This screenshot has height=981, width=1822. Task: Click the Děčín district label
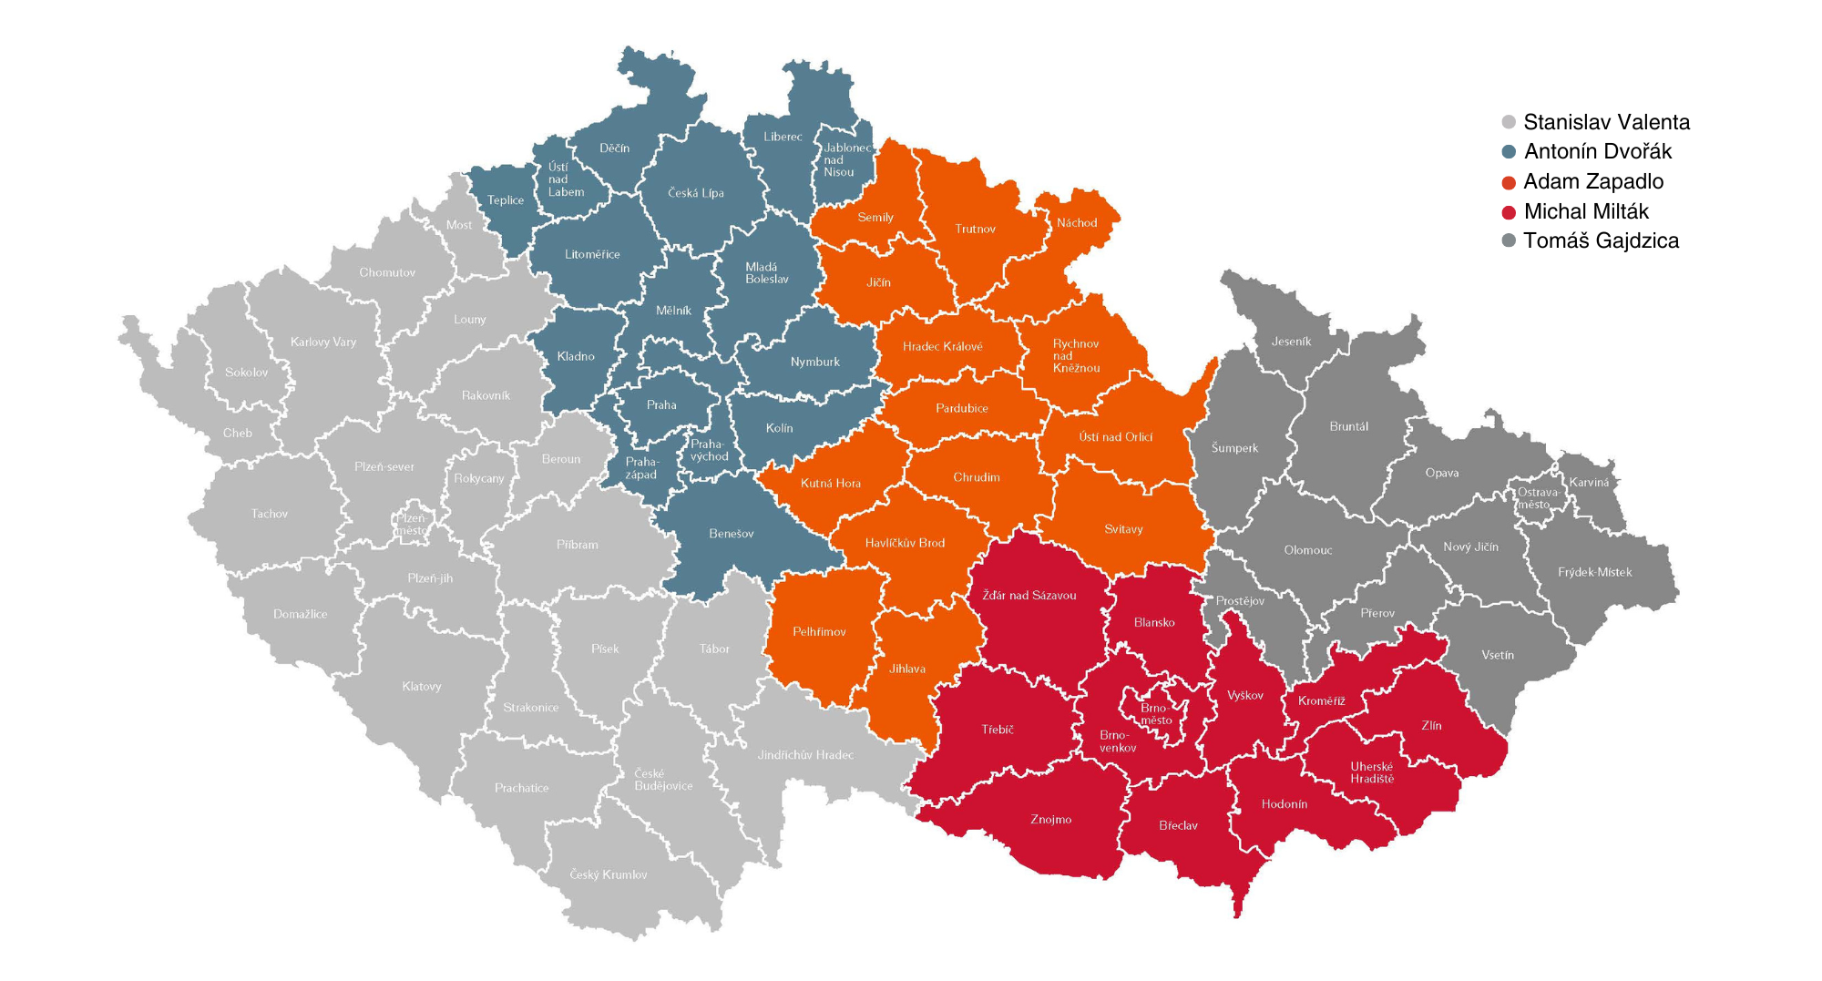(x=614, y=148)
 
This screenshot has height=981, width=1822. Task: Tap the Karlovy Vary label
(x=323, y=342)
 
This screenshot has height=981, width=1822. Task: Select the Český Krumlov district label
(x=609, y=875)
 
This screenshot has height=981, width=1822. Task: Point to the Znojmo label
(x=1050, y=820)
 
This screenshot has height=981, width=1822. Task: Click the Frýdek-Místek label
(x=1594, y=573)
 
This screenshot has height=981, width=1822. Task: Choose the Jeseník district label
(x=1291, y=342)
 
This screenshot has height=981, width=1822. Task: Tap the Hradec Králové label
(x=942, y=347)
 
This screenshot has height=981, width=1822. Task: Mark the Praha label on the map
(x=661, y=405)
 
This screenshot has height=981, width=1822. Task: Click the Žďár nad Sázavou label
(x=1029, y=596)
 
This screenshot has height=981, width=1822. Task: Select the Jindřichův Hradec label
(x=805, y=755)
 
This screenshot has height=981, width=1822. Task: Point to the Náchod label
(x=1077, y=223)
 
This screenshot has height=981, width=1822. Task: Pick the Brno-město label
(x=1155, y=714)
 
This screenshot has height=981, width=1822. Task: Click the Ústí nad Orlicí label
(x=1115, y=437)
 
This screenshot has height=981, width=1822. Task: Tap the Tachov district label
(x=269, y=515)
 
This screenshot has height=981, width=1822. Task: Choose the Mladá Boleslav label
(x=766, y=273)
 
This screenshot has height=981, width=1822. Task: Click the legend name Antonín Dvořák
(x=1598, y=152)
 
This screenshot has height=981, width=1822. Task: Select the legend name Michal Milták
(x=1586, y=212)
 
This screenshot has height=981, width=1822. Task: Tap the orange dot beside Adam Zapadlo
(x=1509, y=183)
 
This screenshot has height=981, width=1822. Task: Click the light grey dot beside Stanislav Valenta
(x=1509, y=123)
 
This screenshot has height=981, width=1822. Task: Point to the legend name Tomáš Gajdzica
(x=1601, y=241)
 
